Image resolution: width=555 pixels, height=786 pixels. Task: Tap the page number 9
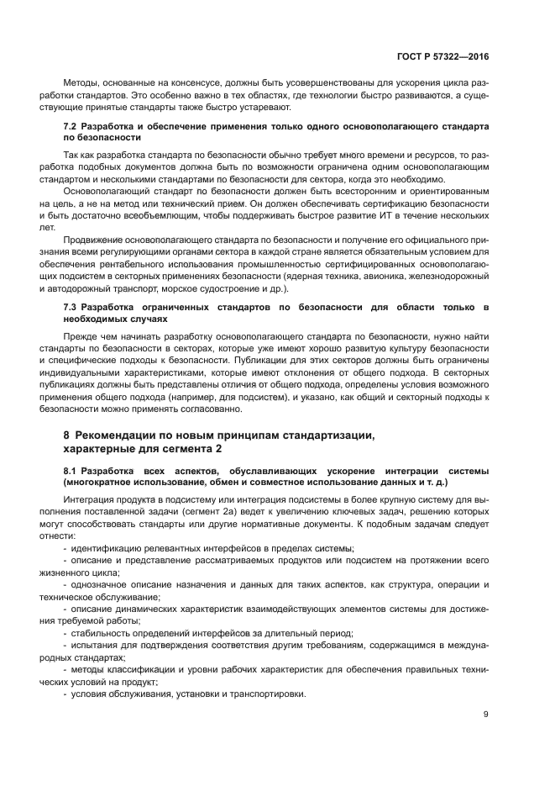coord(486,715)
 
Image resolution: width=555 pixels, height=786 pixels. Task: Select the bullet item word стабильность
coord(101,632)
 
